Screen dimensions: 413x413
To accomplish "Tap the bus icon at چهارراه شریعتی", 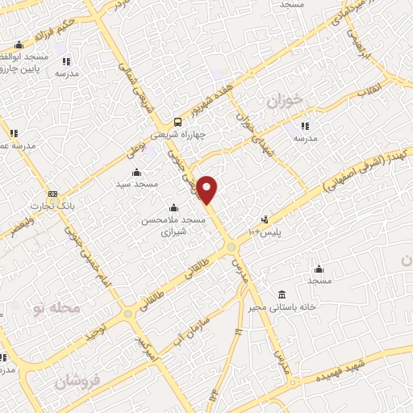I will [177, 122].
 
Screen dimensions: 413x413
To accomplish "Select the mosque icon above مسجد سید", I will [136, 172].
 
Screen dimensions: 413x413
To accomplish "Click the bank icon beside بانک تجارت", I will [53, 194].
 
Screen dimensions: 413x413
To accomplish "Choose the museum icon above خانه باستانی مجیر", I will [281, 294].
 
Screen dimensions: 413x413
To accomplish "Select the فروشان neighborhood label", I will [78, 380].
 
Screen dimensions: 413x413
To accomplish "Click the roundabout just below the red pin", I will [232, 247].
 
